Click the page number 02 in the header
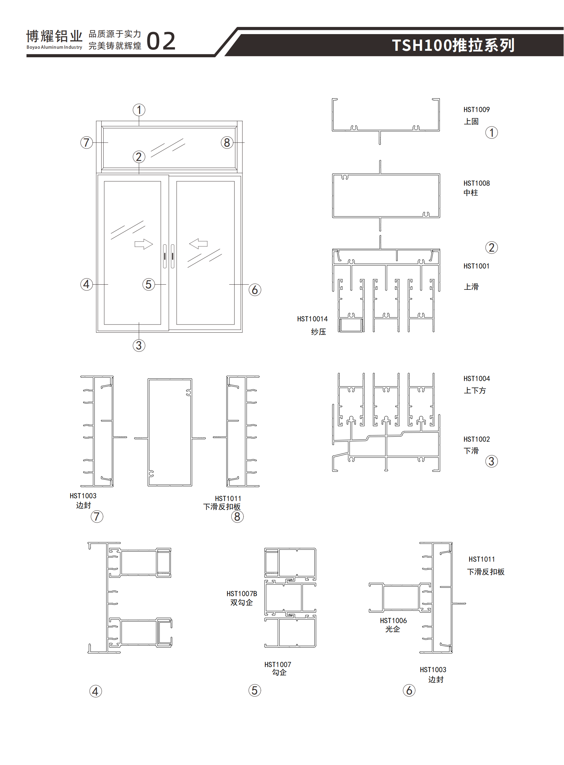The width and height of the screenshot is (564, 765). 161,42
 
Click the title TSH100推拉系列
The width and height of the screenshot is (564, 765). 453,45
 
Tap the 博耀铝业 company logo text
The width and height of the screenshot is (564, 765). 54,36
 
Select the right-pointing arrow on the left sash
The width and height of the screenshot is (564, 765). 144,244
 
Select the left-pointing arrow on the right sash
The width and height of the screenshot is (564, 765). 198,244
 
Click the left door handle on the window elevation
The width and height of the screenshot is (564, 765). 165,256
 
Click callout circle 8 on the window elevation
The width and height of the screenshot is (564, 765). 227,143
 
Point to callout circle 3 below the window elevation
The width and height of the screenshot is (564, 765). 139,345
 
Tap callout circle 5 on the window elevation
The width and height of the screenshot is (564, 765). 149,284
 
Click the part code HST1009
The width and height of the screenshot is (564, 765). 476,109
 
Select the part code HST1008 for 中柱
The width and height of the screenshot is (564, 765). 476,183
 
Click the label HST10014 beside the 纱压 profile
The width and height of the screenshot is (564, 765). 312,319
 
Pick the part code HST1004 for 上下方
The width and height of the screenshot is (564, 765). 476,378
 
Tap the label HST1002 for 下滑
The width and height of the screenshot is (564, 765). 476,439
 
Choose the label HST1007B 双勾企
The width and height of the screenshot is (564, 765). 242,594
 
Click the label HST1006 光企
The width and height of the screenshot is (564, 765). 393,620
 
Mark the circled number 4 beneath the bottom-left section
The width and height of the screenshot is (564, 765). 95,692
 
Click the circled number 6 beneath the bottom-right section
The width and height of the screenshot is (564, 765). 409,690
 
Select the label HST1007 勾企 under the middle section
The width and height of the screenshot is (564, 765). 278,665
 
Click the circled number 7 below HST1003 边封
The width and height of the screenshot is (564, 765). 97,516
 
